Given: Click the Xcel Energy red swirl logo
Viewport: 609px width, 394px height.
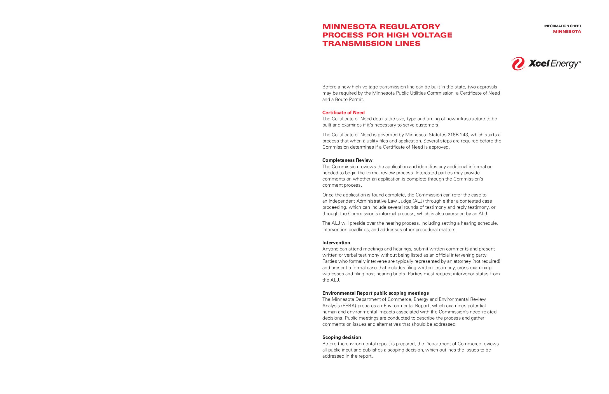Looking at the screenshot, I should point(518,64).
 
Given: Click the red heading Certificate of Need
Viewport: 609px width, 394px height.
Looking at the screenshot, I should point(343,112).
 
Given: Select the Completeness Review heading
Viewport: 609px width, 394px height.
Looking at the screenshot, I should point(347,160).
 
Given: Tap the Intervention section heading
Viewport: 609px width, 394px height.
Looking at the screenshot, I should point(336,243).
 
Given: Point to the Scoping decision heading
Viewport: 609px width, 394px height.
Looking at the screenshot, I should point(341,337).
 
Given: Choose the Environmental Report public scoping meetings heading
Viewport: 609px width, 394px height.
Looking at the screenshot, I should point(375,293).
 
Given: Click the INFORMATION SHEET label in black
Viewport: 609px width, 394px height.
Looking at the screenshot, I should point(563,26).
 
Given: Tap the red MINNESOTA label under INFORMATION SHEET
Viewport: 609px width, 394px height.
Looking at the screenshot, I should point(567,32).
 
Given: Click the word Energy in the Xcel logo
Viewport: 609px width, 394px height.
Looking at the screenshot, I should point(565,64).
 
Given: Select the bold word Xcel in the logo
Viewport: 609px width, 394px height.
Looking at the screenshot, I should point(539,64).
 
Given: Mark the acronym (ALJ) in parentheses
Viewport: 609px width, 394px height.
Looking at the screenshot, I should point(418,201).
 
